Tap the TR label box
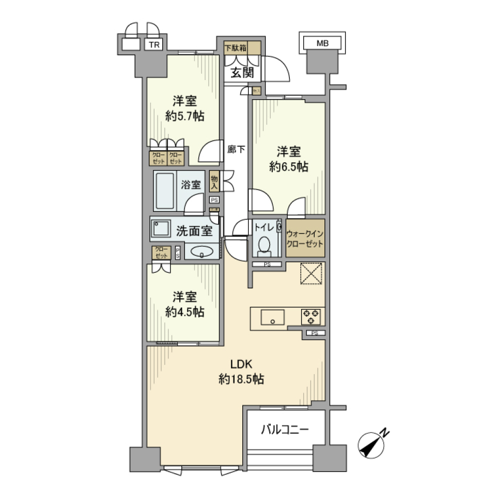[x=154, y=45]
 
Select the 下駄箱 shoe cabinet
[x=235, y=48]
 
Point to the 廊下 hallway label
[x=236, y=150]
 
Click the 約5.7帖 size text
[x=184, y=116]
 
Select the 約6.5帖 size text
[x=289, y=166]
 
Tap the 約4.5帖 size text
[x=184, y=312]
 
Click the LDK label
[x=241, y=363]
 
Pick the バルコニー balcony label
[x=285, y=429]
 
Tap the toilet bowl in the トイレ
[x=264, y=244]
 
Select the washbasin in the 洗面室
[x=202, y=252]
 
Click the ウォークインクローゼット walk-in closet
[x=305, y=239]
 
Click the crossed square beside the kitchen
[x=312, y=273]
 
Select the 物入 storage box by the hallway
[x=214, y=182]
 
